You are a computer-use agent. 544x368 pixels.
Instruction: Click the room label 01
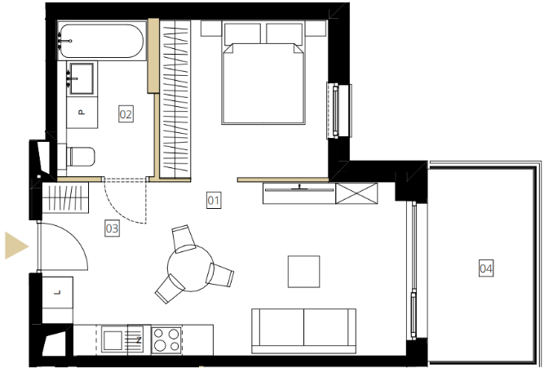tap(214, 200)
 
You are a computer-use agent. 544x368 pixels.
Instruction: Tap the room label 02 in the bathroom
tap(126, 114)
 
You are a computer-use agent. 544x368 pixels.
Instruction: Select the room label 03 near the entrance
tap(112, 228)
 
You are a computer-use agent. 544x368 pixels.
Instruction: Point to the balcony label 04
tap(486, 268)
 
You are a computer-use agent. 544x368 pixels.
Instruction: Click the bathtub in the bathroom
tap(100, 41)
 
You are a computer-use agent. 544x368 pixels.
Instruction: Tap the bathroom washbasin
tap(82, 78)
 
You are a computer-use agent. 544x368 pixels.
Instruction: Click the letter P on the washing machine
tap(82, 112)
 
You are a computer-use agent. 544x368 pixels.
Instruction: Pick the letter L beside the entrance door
tap(57, 292)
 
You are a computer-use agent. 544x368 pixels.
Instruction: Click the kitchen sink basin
tap(113, 340)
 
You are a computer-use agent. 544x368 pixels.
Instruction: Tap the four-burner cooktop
tap(166, 340)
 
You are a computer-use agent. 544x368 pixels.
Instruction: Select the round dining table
tap(190, 268)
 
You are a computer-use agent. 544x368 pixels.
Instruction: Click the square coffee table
tap(303, 272)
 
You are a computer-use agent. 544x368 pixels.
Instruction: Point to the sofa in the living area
tap(303, 330)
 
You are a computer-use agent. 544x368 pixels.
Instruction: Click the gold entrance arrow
tap(15, 246)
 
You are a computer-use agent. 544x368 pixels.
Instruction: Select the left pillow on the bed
tap(242, 33)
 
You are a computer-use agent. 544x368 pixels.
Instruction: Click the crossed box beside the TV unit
tap(356, 193)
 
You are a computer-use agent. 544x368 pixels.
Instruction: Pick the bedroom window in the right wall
tap(339, 111)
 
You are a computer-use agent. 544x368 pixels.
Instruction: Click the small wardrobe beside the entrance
tap(65, 197)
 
